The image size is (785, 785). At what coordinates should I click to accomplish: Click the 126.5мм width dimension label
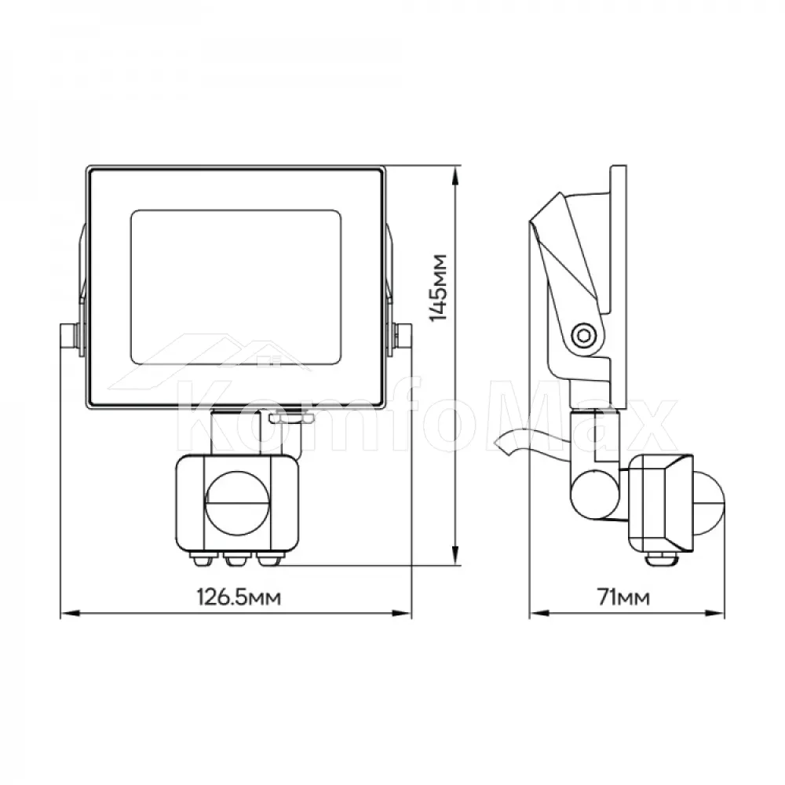(x=239, y=597)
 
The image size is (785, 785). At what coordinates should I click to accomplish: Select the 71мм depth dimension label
(x=623, y=597)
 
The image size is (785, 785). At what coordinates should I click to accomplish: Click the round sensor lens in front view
(x=237, y=502)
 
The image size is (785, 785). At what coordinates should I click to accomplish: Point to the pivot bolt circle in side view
(x=584, y=335)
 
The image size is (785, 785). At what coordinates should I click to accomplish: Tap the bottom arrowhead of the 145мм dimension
(x=455, y=554)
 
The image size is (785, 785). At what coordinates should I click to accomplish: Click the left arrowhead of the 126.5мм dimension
(x=70, y=613)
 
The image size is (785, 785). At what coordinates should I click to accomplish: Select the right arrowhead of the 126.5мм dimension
(x=401, y=613)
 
